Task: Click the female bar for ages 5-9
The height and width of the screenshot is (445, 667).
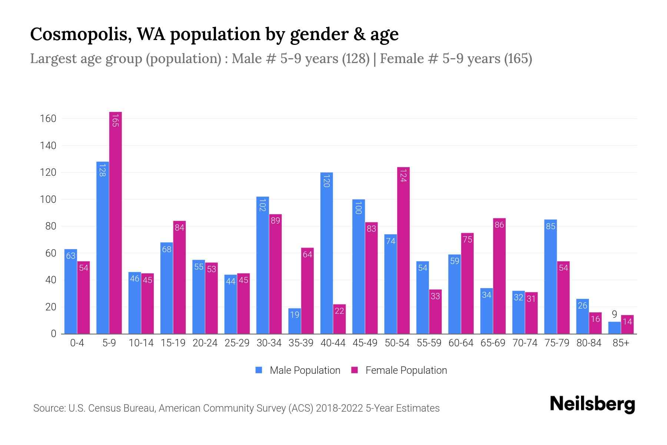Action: [x=115, y=222]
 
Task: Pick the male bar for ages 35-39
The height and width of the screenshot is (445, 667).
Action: [x=295, y=321]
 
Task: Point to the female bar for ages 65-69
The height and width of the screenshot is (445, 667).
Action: [x=499, y=276]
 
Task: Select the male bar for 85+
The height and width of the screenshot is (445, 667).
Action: [x=614, y=328]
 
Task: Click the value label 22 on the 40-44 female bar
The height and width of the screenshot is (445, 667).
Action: [x=339, y=311]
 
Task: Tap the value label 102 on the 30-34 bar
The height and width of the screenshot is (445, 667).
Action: [x=262, y=205]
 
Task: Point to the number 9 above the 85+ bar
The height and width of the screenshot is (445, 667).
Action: [x=614, y=314]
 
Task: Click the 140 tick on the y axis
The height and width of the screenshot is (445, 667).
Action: [x=48, y=146]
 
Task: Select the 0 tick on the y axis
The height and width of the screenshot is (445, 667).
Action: [x=53, y=334]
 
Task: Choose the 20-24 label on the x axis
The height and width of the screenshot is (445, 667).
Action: [x=205, y=343]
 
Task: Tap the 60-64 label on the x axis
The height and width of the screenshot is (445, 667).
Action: [x=461, y=343]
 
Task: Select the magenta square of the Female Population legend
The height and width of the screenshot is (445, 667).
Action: [x=355, y=370]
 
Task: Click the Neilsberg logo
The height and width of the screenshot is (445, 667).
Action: [x=592, y=404]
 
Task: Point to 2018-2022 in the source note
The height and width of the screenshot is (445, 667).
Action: [x=339, y=408]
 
